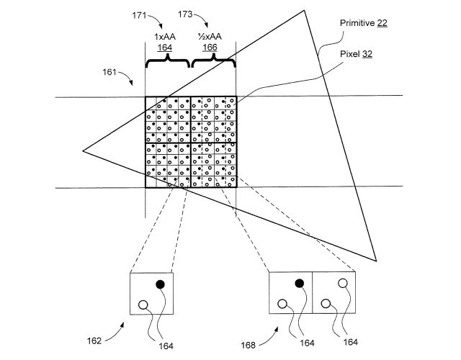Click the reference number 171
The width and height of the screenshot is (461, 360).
[139, 15]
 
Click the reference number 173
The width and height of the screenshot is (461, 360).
[185, 14]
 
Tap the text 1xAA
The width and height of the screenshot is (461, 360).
[165, 37]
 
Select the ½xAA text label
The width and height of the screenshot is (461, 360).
[210, 37]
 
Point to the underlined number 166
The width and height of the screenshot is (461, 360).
[210, 48]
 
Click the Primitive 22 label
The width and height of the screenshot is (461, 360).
[363, 23]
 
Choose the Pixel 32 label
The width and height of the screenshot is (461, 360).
[356, 54]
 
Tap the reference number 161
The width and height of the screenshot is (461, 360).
[109, 72]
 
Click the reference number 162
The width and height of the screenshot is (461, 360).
[94, 341]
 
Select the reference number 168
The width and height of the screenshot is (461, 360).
[249, 345]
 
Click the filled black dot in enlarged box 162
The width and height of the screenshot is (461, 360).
[160, 284]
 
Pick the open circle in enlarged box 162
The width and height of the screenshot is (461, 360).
[143, 305]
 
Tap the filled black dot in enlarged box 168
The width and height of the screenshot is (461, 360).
[300, 283]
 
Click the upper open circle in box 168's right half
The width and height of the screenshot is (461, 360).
[343, 283]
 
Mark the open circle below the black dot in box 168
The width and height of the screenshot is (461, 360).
[282, 304]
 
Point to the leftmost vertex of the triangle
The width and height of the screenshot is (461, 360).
[83, 150]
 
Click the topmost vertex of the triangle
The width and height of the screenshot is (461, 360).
[304, 11]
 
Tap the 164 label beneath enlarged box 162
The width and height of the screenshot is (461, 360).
[166, 346]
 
